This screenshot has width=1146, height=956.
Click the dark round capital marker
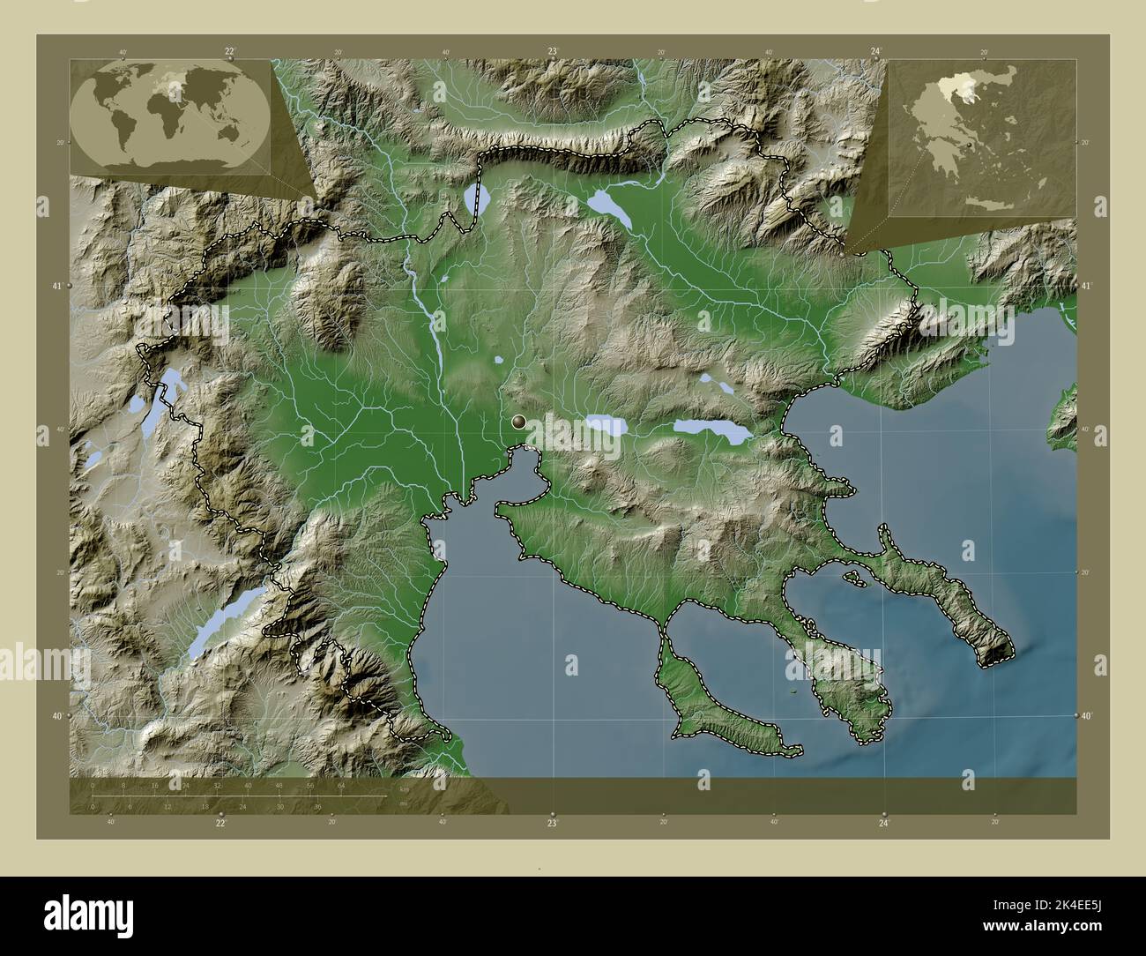[x=519, y=422]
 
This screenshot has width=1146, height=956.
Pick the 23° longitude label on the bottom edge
[x=553, y=824]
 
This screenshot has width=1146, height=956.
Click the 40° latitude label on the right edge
[x=1087, y=715]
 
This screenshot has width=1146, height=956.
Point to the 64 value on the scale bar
[x=341, y=785]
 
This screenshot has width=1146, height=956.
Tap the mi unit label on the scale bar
[x=402, y=803]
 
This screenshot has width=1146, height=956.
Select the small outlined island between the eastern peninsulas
[x=852, y=578]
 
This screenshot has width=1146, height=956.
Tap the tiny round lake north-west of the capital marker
[x=499, y=360]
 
